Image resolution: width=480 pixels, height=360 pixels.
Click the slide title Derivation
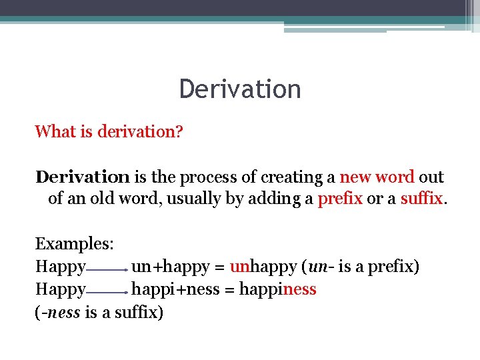[240, 89]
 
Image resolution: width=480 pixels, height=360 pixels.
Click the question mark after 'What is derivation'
[179, 132]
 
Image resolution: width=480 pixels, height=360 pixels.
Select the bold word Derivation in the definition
[83, 177]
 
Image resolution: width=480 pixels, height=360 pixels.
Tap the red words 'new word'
[377, 177]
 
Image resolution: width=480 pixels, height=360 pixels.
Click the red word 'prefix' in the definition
[340, 199]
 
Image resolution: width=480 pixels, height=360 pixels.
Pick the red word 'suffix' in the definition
[421, 199]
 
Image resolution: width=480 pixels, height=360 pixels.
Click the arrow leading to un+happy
[107, 270]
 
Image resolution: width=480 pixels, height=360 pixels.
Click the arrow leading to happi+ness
[107, 293]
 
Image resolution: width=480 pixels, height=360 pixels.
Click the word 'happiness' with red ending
[277, 290]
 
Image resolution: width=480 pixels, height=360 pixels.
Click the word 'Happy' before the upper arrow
[60, 267]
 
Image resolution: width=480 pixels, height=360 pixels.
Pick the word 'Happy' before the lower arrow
[60, 290]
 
